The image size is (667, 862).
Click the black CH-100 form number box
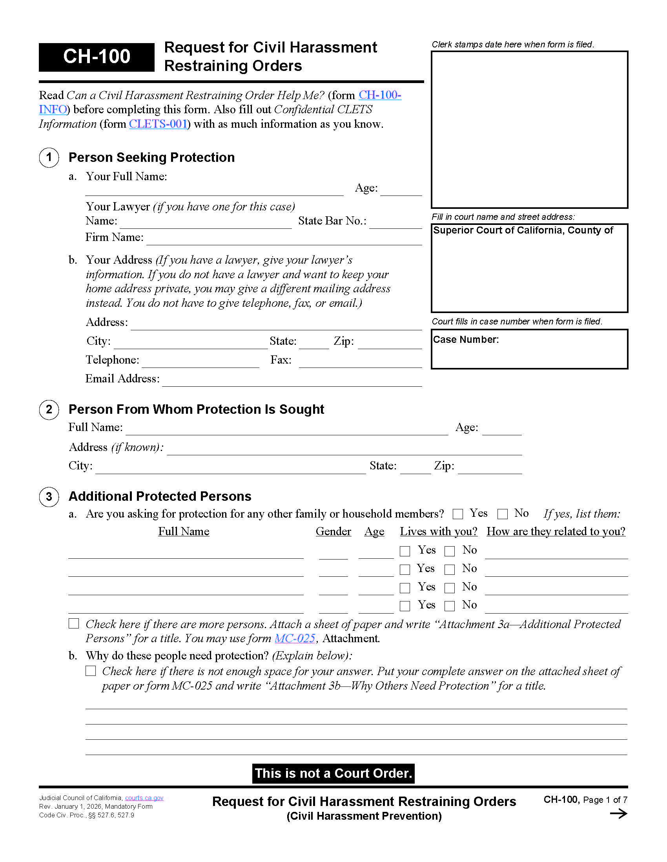97,57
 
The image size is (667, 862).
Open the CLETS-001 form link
158,124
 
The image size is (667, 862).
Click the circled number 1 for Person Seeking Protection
49,158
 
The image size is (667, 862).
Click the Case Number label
465,340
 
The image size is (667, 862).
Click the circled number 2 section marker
49,410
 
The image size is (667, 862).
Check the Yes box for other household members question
457,514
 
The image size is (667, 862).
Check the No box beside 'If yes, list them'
502,514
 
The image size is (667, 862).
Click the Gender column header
333,532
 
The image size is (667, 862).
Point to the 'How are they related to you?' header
556,532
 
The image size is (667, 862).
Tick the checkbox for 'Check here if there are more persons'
74,623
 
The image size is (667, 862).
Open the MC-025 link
295,638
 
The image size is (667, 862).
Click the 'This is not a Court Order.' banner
333,773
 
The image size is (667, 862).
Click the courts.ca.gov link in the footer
144,798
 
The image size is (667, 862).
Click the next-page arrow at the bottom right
618,813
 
